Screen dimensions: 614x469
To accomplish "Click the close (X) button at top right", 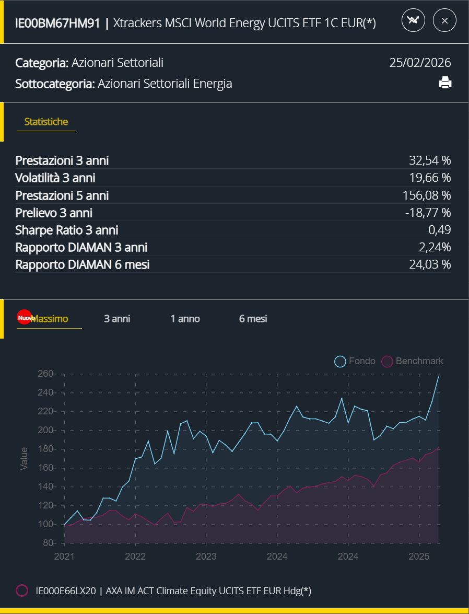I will [444, 20].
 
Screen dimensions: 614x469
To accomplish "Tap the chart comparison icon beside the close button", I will [413, 20].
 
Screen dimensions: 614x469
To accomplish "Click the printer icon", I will [445, 83].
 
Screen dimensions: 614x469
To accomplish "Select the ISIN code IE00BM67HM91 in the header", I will [57, 23].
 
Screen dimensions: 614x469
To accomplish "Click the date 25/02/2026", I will [420, 63].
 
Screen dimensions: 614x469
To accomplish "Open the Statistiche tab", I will [46, 122].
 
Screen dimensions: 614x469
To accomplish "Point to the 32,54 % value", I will [430, 160].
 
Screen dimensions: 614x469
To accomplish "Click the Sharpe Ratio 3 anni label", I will [67, 230].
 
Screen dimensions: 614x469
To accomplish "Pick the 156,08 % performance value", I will [427, 195].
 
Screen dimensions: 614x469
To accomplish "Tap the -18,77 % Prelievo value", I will [428, 213].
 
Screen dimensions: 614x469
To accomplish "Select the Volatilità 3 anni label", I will [55, 178].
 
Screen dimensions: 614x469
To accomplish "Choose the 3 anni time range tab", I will [117, 319].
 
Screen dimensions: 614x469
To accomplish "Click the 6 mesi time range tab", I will [253, 319].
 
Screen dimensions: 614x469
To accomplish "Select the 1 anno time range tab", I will [185, 319].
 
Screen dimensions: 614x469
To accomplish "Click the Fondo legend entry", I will [355, 361].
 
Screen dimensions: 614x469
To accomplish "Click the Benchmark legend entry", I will [413, 361].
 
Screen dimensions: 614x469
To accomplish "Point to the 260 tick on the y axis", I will [46, 374].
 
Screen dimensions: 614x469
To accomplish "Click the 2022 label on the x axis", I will [135, 556].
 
